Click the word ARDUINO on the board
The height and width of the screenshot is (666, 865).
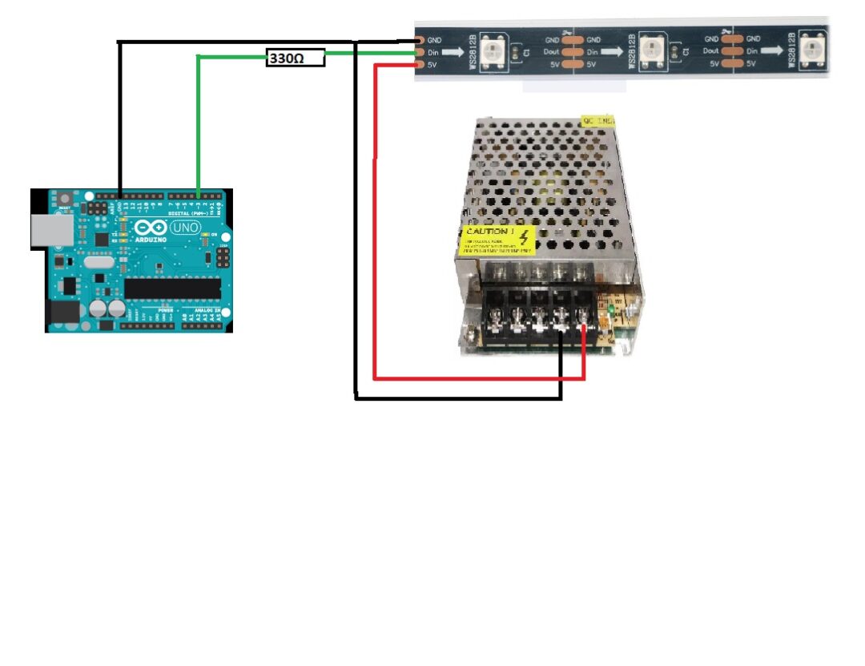151,239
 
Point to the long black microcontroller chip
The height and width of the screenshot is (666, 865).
171,289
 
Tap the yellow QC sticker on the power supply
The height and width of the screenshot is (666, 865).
597,121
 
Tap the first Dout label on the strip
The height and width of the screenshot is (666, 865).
553,51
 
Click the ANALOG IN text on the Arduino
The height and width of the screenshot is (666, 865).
207,309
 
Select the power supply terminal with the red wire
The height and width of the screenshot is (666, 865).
585,324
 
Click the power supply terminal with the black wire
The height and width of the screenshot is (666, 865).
561,324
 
